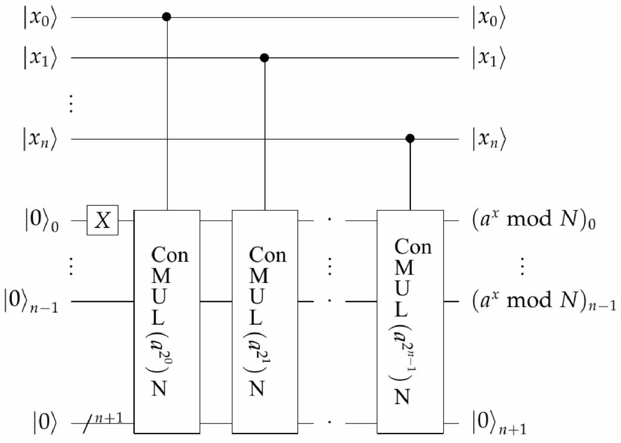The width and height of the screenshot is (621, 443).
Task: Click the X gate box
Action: (102, 220)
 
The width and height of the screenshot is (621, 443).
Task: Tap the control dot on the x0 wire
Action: (166, 17)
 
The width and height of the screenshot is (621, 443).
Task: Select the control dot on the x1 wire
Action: (264, 57)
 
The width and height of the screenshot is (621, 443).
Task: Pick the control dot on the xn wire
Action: (410, 139)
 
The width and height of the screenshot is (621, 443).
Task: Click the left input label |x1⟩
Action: (40, 58)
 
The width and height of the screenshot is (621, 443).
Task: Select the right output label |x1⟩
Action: (489, 58)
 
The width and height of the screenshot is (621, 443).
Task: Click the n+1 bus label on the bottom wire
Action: (109, 418)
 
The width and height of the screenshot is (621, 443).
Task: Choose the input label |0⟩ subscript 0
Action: (41, 220)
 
